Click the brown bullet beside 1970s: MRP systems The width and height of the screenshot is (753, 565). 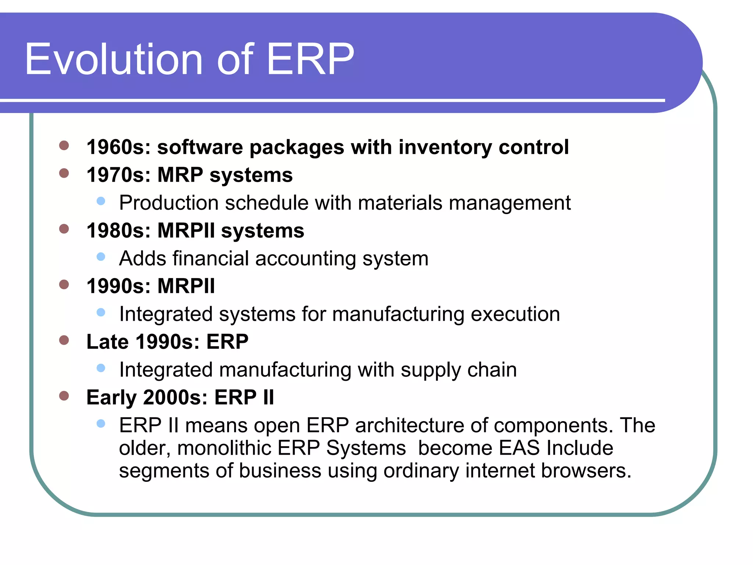click(64, 173)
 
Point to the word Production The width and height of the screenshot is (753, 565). click(169, 203)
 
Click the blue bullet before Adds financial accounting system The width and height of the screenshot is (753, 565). click(101, 256)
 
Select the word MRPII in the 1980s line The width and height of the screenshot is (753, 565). click(186, 231)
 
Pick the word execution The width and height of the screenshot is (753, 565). click(515, 314)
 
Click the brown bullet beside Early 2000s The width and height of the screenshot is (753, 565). click(64, 396)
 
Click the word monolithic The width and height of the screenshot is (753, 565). click(224, 448)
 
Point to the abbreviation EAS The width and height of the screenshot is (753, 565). click(519, 448)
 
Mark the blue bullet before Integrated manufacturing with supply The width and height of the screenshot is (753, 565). click(101, 368)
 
